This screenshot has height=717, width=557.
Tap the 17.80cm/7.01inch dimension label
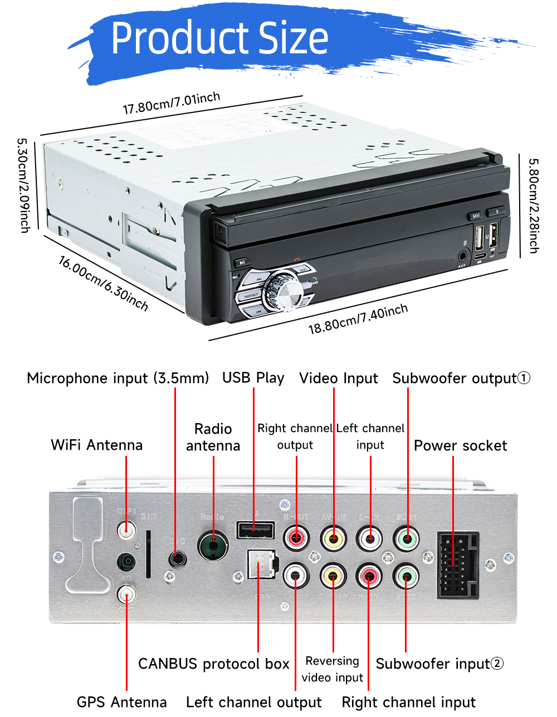pos(171,103)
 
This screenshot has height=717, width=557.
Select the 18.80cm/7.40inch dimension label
pos(358,320)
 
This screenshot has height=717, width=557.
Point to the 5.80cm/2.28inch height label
pos(533,205)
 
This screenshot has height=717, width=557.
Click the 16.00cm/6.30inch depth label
pos(104,283)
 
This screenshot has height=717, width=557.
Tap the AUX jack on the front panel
pos(463,257)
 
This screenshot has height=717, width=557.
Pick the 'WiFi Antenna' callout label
pos(96,445)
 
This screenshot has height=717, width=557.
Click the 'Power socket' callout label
pos(460,445)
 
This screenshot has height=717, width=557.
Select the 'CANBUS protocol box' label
pos(213,664)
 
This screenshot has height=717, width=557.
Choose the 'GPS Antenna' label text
pos(121,701)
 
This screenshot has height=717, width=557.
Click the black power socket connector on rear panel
pos(458,564)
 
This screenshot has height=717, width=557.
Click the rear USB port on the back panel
pos(255,530)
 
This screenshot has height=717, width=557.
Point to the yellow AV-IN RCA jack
pos(334,539)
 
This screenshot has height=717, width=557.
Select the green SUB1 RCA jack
pos(407,539)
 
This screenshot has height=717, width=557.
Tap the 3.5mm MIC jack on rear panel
pos(177,558)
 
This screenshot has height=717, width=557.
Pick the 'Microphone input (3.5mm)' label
pos(118,378)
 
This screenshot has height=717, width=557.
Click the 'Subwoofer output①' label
pos(461,378)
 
